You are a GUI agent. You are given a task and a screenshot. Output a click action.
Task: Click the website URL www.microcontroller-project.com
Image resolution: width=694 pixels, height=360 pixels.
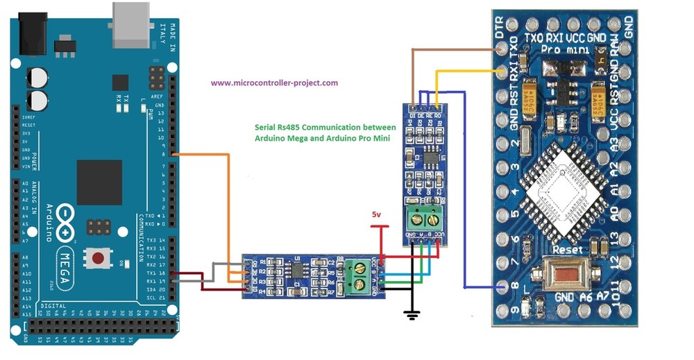(x=274, y=83)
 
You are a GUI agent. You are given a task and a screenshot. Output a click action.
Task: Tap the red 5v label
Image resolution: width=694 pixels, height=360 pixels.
(x=376, y=216)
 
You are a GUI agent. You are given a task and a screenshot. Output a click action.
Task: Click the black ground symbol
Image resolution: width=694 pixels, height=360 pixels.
(x=412, y=315)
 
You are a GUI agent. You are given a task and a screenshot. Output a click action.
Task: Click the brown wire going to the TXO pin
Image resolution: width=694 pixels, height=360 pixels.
(x=458, y=49)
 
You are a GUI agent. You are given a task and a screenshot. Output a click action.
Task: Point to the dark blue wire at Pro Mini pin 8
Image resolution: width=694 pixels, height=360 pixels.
(x=479, y=287)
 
